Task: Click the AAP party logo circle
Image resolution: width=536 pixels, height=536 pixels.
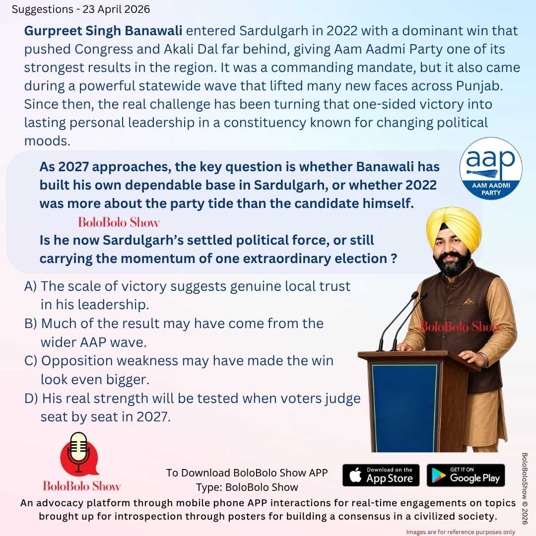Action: click(x=490, y=169)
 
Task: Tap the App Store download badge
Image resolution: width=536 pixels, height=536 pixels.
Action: click(x=381, y=475)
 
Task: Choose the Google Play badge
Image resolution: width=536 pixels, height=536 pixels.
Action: click(x=466, y=475)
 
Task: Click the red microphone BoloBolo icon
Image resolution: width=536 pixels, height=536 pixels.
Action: click(x=78, y=454)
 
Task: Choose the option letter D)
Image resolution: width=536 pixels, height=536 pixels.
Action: click(x=31, y=399)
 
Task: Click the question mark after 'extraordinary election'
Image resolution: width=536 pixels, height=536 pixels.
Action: click(x=394, y=259)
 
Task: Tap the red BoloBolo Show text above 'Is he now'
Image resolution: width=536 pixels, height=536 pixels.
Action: click(x=119, y=222)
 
